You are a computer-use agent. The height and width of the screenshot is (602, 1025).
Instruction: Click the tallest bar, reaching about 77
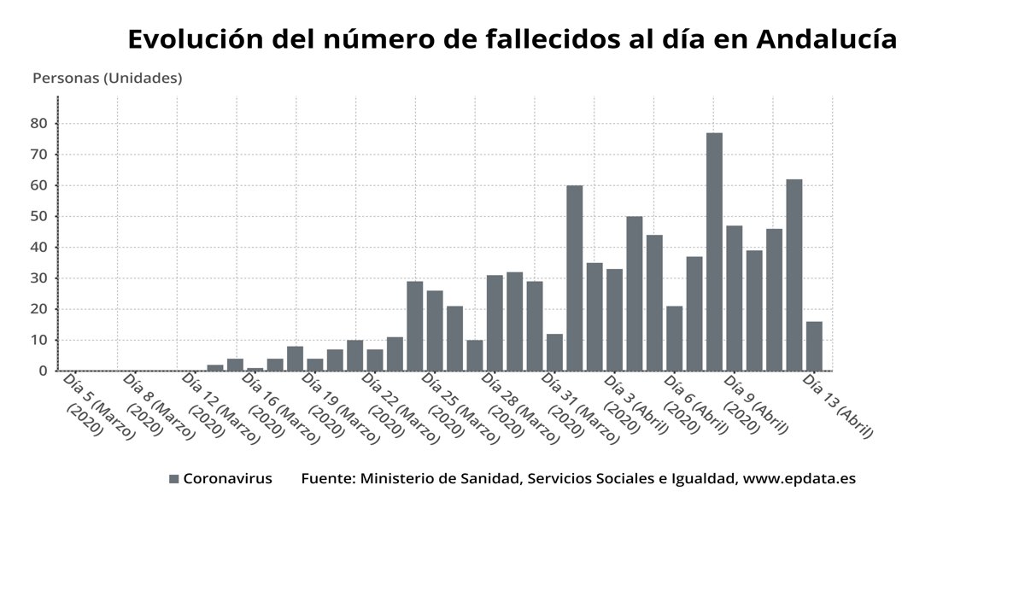point(714,252)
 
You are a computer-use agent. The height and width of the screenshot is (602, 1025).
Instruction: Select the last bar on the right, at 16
point(814,346)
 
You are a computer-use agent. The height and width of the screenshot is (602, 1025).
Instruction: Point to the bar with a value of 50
point(635,294)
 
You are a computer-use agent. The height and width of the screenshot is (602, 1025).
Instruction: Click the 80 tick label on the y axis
point(38,124)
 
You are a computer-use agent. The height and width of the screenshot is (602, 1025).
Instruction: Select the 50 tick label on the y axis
point(38,217)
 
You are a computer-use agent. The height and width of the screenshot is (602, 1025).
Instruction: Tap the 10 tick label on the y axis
point(38,341)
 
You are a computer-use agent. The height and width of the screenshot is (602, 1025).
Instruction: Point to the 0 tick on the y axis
point(42,371)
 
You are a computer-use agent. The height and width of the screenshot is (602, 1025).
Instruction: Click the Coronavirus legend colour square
point(174,479)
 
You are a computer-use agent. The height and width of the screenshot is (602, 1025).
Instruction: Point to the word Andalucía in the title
point(826,39)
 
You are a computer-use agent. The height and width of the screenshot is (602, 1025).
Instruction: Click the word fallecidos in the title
point(568,39)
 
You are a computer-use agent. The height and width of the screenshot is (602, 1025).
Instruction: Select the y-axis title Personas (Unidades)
point(107,79)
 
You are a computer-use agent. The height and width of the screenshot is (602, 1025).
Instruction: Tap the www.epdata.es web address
point(799,479)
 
